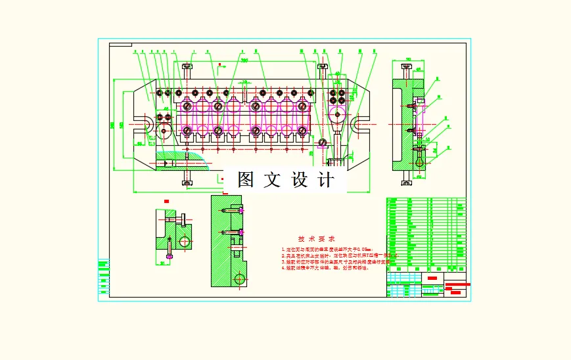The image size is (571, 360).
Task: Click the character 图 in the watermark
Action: coord(246,180)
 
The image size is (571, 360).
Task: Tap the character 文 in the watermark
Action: coord(271,180)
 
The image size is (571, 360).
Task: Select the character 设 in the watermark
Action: coord(299,180)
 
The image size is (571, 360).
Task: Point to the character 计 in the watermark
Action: coord(325,180)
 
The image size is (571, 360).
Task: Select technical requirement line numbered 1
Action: coord(327,250)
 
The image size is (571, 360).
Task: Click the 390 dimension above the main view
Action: coord(244,61)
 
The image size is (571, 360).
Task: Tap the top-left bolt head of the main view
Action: coord(188,66)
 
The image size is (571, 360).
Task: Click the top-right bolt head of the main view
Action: coord(323,66)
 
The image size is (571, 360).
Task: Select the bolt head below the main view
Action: coord(188,181)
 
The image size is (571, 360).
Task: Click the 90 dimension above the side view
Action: coord(407,60)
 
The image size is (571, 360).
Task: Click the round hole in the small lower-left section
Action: coord(185,241)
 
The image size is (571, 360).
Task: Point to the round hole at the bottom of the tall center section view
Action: coord(240,279)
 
